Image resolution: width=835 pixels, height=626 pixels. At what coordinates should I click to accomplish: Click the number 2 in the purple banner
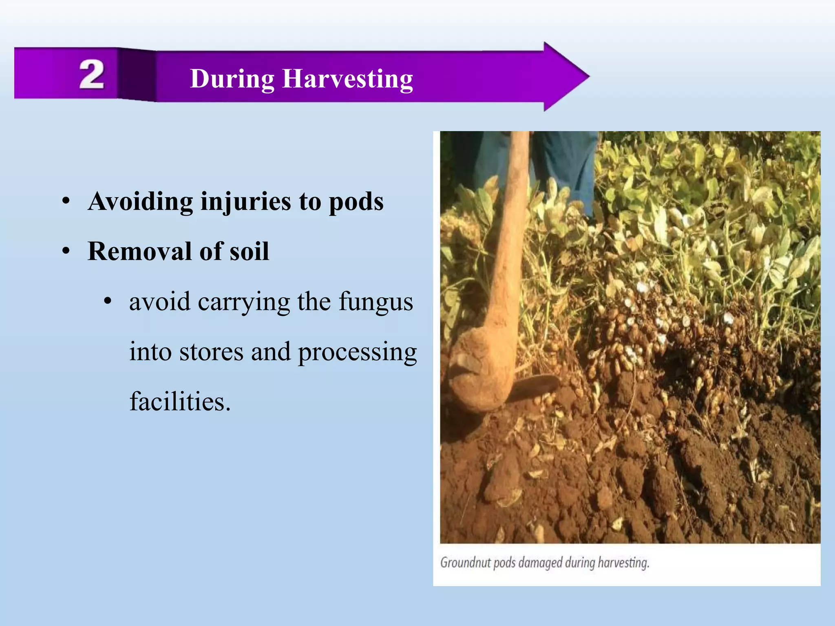92,74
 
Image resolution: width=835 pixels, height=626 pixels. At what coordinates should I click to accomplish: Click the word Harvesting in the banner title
347,79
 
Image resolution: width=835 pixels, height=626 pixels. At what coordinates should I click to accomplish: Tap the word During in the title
232,79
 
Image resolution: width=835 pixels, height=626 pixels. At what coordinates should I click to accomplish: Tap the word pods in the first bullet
356,202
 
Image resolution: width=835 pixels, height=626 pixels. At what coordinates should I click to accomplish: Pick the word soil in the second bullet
249,251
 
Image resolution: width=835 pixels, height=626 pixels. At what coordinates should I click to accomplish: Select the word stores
211,352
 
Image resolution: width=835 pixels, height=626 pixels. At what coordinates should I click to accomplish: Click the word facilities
180,402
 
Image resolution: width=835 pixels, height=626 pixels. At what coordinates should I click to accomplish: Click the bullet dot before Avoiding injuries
66,201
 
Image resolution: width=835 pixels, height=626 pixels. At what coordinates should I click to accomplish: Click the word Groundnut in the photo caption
465,563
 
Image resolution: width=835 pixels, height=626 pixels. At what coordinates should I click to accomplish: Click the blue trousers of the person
567,163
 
